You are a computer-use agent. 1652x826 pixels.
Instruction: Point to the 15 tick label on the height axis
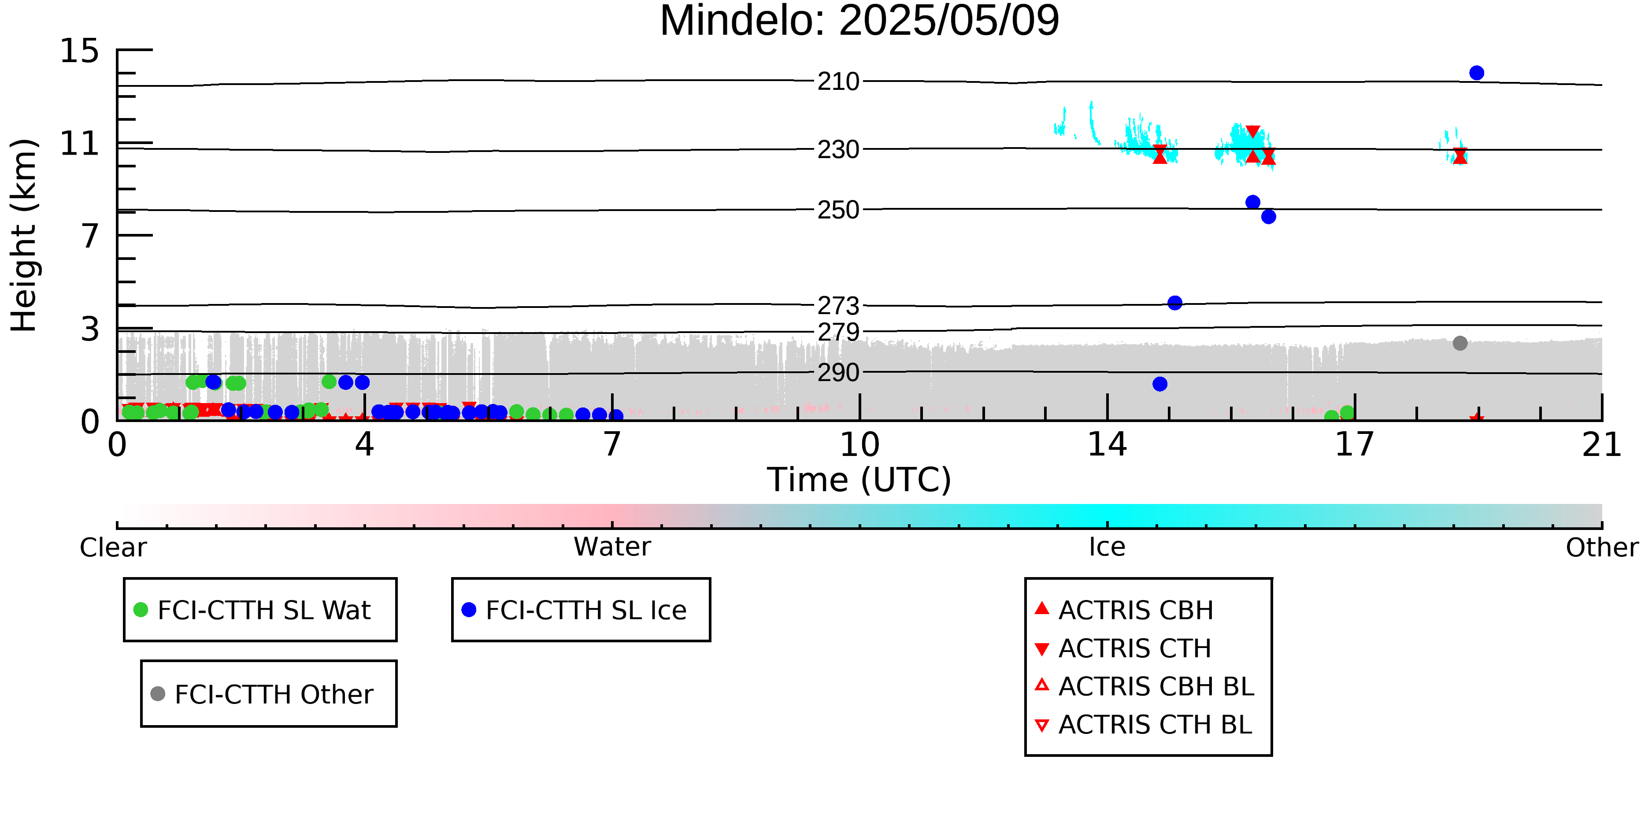coord(80,51)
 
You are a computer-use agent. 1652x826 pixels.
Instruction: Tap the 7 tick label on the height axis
coord(90,236)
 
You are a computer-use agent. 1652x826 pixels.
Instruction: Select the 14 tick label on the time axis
coord(1107,445)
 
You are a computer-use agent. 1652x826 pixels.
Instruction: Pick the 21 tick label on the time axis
coord(1601,445)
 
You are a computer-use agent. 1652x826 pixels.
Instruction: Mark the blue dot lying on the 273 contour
coord(1174,303)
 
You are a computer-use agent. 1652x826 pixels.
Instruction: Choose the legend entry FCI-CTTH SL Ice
coord(585,610)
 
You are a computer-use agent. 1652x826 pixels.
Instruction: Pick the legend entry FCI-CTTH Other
coord(273,694)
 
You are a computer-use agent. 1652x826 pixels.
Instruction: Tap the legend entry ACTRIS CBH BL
coord(1156,686)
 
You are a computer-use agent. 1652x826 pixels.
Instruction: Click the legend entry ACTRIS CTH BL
coord(1154,725)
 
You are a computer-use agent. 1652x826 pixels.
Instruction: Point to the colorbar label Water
coord(612,547)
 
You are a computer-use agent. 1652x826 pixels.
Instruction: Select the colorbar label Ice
coord(1107,547)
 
